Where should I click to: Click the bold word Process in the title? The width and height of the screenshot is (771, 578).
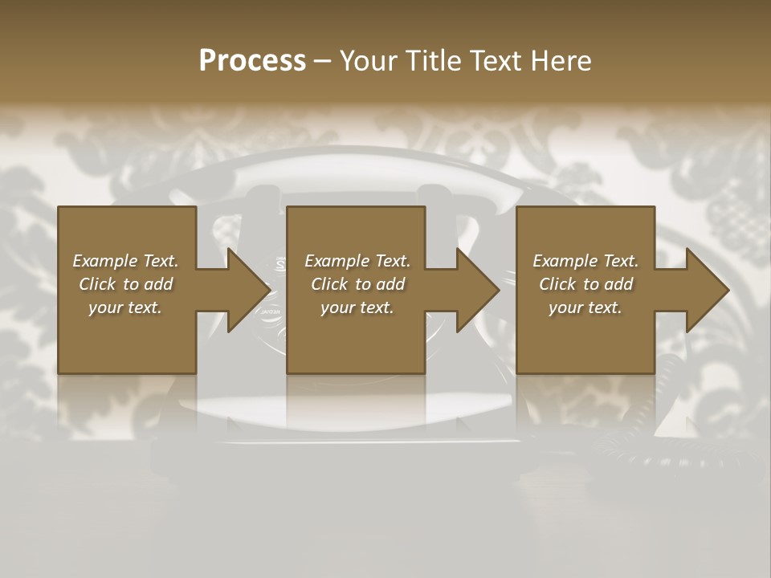click(252, 61)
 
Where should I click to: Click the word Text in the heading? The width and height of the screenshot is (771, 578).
click(496, 61)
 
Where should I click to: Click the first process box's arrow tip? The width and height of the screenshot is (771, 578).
click(267, 290)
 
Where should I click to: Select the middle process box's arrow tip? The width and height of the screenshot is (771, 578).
click(496, 290)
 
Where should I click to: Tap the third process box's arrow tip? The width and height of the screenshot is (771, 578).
click(724, 290)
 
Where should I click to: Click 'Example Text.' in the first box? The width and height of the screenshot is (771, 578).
click(126, 261)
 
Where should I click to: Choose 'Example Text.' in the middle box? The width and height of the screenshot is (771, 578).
click(357, 261)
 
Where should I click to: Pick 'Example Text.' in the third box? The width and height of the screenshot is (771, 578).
click(585, 261)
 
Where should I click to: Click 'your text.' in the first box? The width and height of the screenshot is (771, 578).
click(126, 307)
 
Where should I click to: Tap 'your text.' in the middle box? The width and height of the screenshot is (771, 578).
click(357, 307)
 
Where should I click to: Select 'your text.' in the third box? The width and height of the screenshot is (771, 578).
click(585, 307)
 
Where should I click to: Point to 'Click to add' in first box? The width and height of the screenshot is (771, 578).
click(126, 284)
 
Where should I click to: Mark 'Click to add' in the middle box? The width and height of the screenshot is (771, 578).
click(357, 284)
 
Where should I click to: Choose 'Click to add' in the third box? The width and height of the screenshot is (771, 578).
click(585, 284)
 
